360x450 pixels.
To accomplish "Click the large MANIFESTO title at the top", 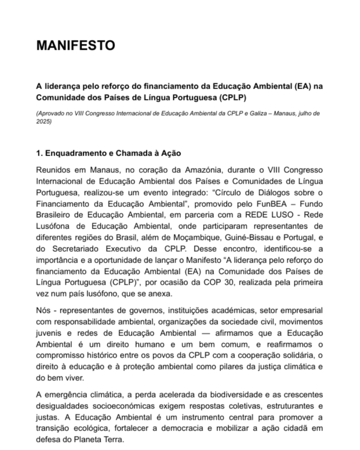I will pos(76,45).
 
